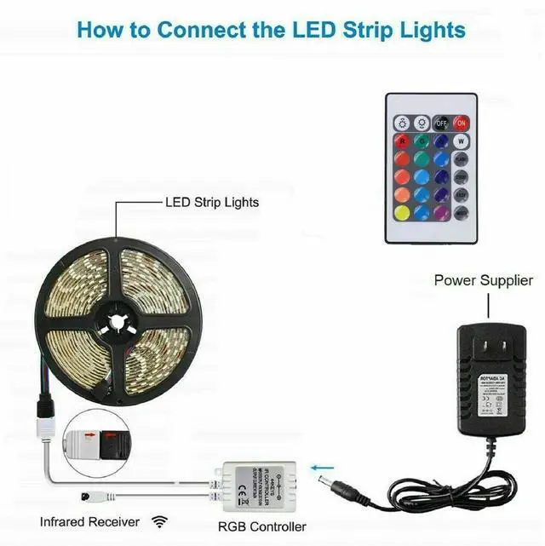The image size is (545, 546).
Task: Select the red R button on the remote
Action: (x=400, y=140)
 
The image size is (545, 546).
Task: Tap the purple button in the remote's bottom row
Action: (x=442, y=213)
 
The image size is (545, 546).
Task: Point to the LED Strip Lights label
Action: (x=211, y=203)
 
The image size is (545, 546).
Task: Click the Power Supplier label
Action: (x=484, y=280)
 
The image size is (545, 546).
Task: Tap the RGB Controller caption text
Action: (x=261, y=526)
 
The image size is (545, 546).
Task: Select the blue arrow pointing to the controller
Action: (x=321, y=466)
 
